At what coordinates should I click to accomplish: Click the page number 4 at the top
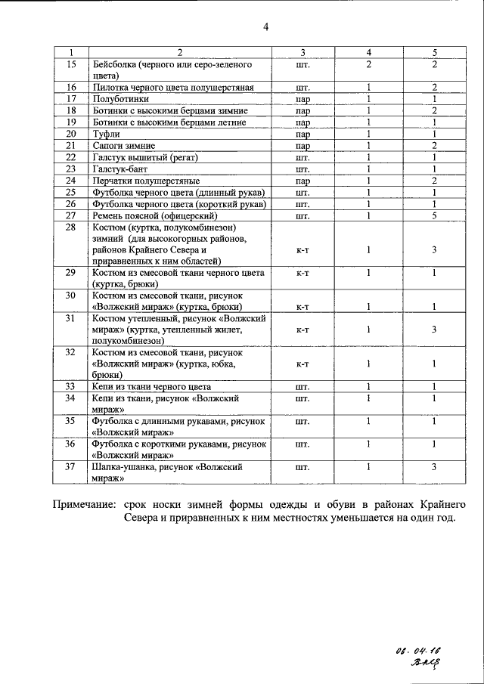point(265,29)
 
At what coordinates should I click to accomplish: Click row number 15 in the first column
point(72,65)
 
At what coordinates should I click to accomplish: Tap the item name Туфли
point(106,133)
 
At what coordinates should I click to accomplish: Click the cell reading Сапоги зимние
point(123,145)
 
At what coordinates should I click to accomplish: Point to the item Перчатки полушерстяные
point(145,181)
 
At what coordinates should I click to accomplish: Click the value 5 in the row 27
point(435,215)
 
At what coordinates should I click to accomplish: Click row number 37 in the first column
point(72,467)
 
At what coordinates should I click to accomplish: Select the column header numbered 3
point(302,52)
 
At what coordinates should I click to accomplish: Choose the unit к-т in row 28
point(302,249)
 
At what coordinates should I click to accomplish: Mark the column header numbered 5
point(435,52)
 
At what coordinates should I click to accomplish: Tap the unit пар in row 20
point(302,133)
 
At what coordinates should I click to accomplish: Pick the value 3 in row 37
point(435,467)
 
